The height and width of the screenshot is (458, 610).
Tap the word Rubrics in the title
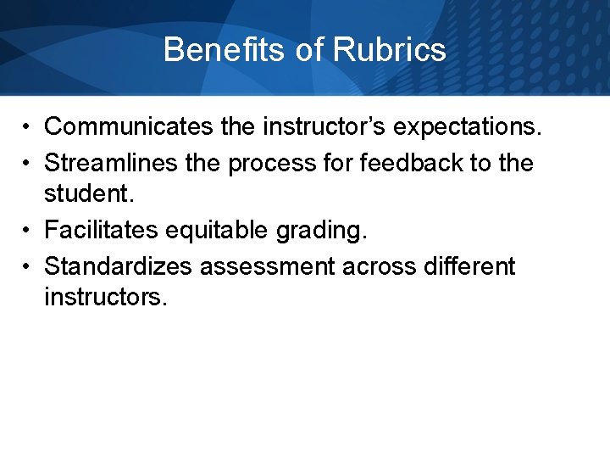click(x=389, y=49)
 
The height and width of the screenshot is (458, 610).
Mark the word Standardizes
click(x=119, y=266)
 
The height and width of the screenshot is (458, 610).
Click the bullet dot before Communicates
click(x=28, y=128)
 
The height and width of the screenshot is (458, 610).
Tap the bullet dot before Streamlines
click(x=28, y=163)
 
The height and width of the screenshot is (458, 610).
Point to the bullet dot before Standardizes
click(x=28, y=267)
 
